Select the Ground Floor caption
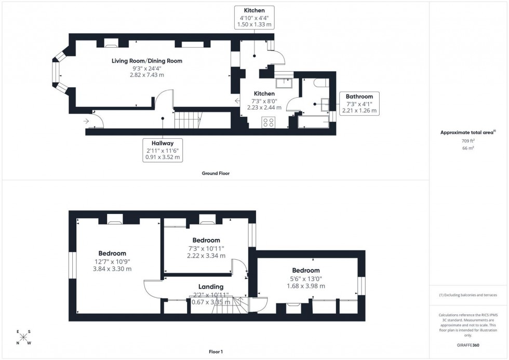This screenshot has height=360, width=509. point(216,174)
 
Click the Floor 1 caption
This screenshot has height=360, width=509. point(215,352)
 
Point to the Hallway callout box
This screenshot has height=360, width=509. point(163,150)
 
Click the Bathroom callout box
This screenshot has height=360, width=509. point(359,103)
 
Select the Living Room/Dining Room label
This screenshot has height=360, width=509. point(147,61)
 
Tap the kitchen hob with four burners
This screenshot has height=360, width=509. point(269,122)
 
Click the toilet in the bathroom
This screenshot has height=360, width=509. point(320,83)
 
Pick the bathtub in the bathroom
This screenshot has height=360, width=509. point(313,122)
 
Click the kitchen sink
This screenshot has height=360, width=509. point(284,84)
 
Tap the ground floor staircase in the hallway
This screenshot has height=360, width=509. point(187,120)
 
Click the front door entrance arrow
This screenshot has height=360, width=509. point(85,121)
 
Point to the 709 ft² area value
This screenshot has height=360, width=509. point(468,141)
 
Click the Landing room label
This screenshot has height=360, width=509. point(211,287)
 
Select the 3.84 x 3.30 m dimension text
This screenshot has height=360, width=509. point(112,269)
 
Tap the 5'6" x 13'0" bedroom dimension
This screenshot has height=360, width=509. point(305,278)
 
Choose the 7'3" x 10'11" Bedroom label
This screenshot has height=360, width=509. point(206,248)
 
